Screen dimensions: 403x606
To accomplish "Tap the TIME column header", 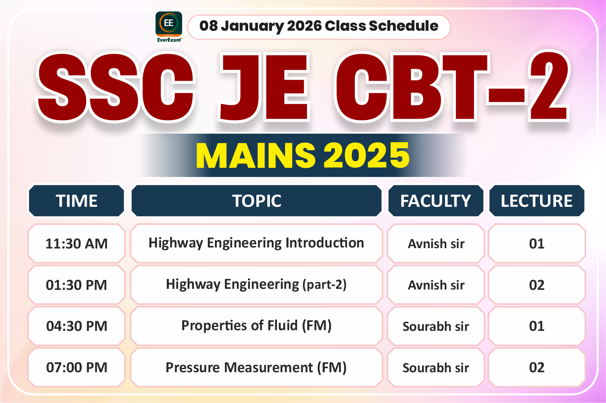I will (x=77, y=201).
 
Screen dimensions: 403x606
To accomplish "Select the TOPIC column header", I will (x=256, y=201).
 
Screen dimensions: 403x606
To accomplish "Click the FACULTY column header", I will (x=436, y=201).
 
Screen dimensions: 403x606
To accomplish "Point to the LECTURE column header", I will (x=537, y=201).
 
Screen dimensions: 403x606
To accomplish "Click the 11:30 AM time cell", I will (x=77, y=244).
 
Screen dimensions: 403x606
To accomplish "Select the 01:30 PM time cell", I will (x=77, y=285).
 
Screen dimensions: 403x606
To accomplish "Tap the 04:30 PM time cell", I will (x=77, y=326).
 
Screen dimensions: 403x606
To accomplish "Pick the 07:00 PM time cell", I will (x=77, y=367).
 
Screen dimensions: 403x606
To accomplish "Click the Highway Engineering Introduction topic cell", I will (x=256, y=243).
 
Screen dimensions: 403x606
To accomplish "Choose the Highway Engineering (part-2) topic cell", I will (x=256, y=285).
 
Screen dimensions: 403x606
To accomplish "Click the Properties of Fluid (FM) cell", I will (x=256, y=326).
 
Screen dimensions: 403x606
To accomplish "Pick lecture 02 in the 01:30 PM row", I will (x=537, y=285).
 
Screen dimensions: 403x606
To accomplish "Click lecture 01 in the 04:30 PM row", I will (x=537, y=326).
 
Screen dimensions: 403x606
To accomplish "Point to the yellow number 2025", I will (x=366, y=156).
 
